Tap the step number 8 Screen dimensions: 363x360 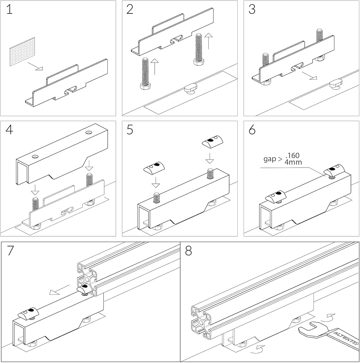coord(188,251)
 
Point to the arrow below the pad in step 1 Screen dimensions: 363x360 coord(36,66)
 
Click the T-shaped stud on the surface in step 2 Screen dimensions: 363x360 coord(190,88)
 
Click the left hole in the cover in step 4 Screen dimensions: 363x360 coord(35,156)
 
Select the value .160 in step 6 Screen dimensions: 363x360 coord(292,156)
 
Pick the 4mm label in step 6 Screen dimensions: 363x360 coord(294,162)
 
